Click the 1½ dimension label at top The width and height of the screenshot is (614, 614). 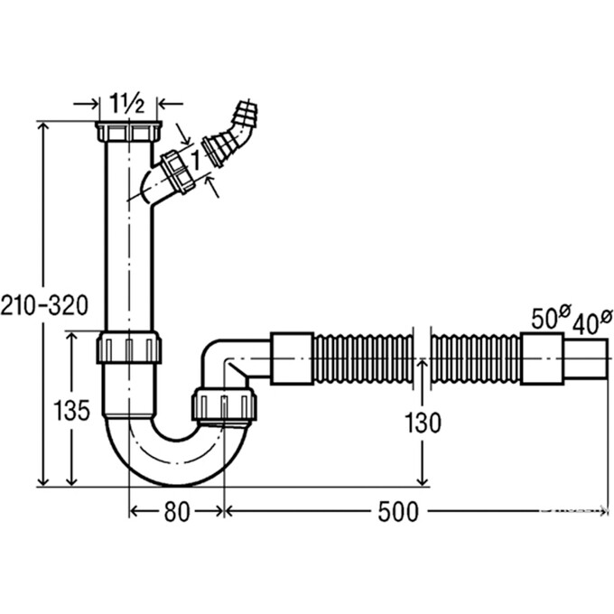(x=127, y=103)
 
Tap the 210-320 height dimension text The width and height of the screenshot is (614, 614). (x=44, y=305)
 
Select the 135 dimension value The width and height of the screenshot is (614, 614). (x=71, y=411)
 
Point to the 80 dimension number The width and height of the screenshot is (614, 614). (x=177, y=512)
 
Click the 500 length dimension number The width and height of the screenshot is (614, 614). (x=398, y=512)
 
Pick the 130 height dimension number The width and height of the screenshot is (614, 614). (x=423, y=423)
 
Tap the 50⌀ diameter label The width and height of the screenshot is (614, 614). (x=551, y=317)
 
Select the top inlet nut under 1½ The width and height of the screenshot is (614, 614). (x=128, y=132)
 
